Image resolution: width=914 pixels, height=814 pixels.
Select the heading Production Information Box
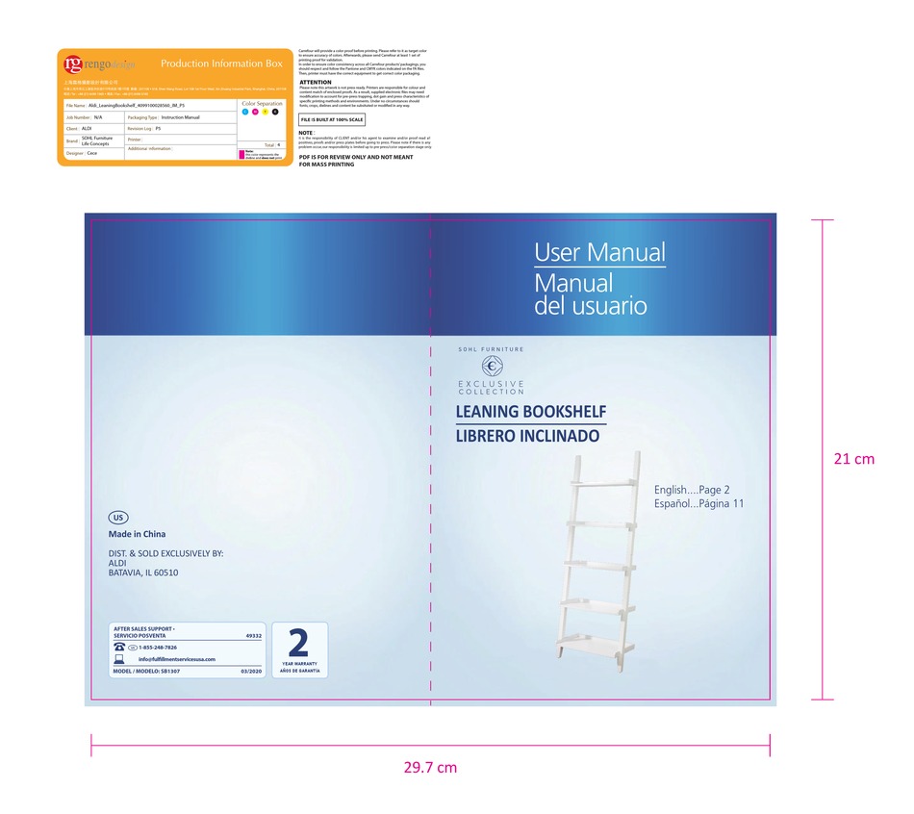click(221, 64)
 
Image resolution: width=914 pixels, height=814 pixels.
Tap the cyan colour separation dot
click(246, 113)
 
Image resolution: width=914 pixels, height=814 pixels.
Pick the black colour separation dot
click(275, 113)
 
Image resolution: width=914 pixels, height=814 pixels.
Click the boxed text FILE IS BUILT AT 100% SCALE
click(331, 120)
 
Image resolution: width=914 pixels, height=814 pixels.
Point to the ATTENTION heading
click(315, 83)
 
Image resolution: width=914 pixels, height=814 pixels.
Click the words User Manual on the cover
click(599, 253)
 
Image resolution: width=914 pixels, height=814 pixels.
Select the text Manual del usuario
click(590, 295)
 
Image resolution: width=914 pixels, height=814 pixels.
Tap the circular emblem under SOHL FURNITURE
click(492, 367)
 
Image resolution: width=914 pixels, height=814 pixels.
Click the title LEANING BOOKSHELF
click(530, 413)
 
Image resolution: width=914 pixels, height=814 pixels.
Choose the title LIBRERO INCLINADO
click(527, 436)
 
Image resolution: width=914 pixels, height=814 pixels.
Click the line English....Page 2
click(692, 490)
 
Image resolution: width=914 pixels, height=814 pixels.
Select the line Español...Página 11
click(698, 504)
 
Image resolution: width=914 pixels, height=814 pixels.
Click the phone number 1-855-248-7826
click(158, 648)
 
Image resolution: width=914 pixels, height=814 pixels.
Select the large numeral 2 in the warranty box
click(298, 643)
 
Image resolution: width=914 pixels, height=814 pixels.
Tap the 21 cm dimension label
click(853, 459)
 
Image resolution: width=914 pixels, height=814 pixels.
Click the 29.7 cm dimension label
click(430, 768)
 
